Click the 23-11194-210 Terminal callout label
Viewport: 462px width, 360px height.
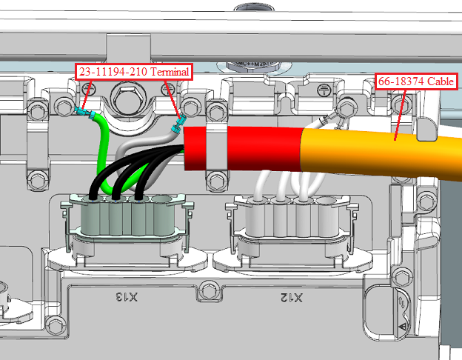[134, 72]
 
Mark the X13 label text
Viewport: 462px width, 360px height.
[127, 297]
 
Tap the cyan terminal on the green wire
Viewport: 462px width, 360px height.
[84, 113]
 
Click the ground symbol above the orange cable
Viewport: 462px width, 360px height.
[323, 91]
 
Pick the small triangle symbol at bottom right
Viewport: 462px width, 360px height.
[401, 325]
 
